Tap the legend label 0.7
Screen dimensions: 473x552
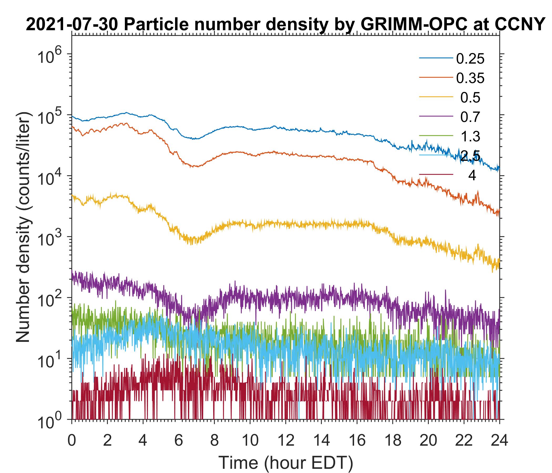(470, 117)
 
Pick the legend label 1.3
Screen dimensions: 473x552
(470, 137)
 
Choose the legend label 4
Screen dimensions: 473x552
(472, 176)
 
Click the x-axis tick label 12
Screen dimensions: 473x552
(285, 441)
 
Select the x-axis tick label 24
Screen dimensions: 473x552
(499, 441)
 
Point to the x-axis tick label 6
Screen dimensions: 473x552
(178, 441)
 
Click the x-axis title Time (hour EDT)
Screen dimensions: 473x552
(285, 462)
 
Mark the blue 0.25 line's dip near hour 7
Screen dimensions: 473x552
(196, 139)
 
